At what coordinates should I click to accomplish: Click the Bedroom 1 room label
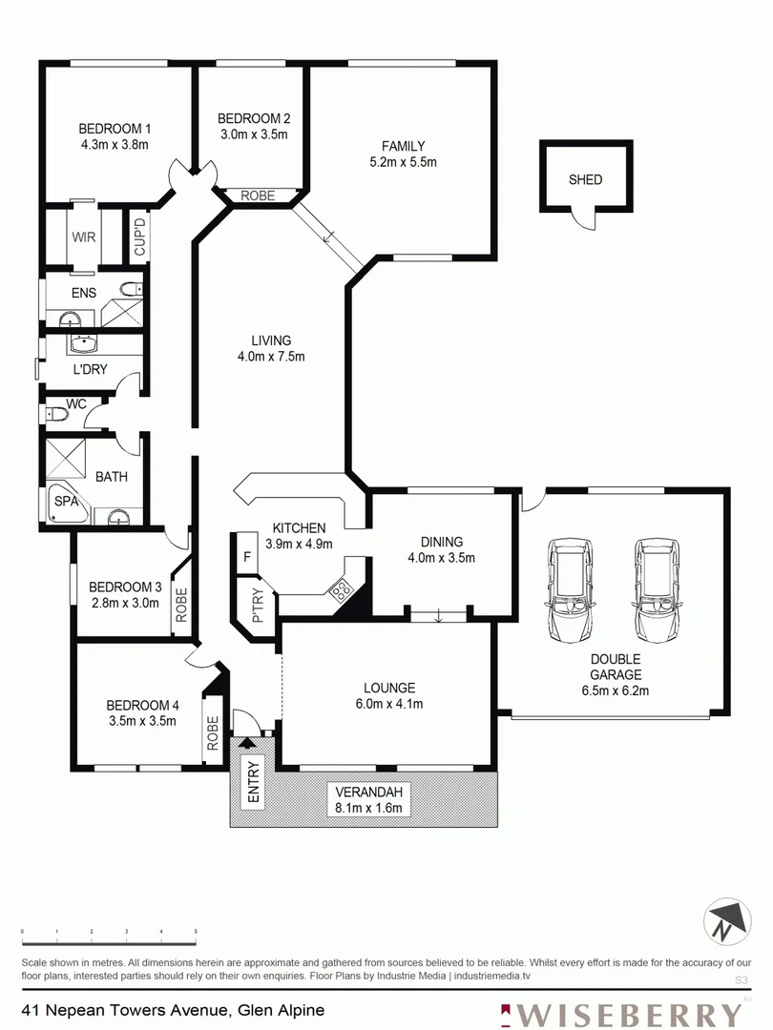114,128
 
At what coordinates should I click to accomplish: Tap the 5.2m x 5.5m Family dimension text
403,162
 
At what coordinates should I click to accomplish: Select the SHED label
585,179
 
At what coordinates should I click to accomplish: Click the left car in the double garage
570,590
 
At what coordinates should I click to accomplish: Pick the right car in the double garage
657,590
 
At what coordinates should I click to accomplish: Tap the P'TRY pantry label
257,608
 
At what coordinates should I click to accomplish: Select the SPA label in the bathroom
65,502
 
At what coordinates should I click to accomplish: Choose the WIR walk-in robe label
80,235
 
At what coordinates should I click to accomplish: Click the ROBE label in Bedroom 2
257,196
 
